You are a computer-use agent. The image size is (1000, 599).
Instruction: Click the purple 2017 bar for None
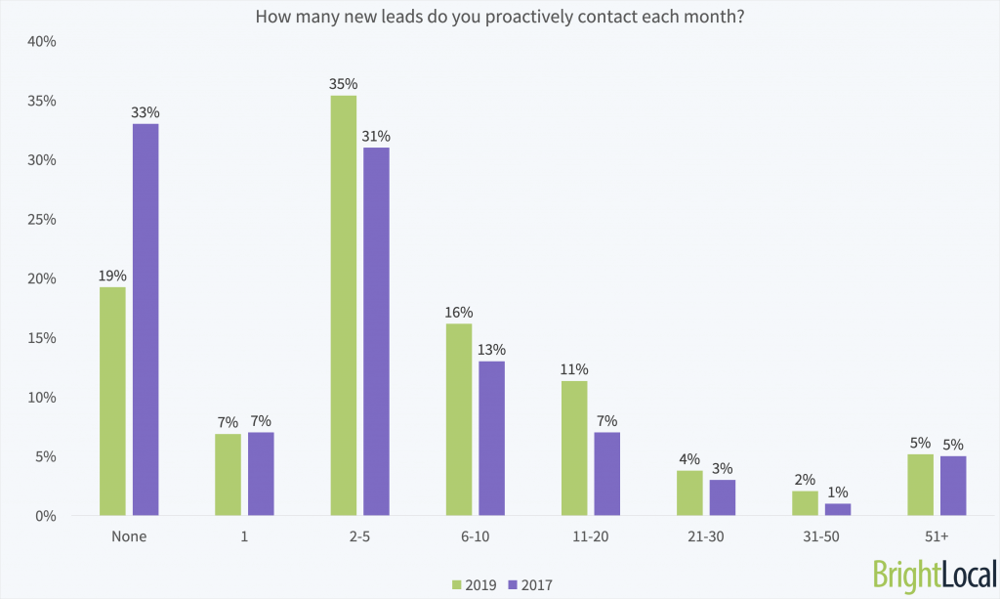[x=146, y=320]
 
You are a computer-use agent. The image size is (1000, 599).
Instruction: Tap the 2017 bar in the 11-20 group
[x=607, y=474]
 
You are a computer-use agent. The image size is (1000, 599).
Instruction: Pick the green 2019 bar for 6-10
[x=459, y=419]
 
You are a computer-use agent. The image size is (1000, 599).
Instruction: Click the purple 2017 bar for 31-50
[x=837, y=509]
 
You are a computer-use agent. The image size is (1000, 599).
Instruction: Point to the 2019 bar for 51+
[x=920, y=485]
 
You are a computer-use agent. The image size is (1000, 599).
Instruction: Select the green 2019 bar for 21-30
[x=689, y=492]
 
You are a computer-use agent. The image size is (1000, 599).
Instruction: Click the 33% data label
[x=146, y=112]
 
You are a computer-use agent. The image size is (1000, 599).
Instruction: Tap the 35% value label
[x=344, y=84]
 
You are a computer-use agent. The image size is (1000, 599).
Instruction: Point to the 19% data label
[x=112, y=276]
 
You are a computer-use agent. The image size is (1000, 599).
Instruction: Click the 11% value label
[x=574, y=369]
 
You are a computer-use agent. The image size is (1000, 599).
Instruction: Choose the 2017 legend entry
[x=535, y=584]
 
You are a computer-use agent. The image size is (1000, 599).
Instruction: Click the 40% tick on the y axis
[x=43, y=42]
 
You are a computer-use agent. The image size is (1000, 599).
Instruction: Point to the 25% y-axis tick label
[x=43, y=220]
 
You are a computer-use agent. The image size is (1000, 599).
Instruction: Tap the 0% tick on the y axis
[x=46, y=516]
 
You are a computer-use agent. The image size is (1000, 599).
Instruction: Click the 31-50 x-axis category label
[x=820, y=535]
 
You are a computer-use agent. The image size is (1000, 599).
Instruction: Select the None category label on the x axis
[x=129, y=535]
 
